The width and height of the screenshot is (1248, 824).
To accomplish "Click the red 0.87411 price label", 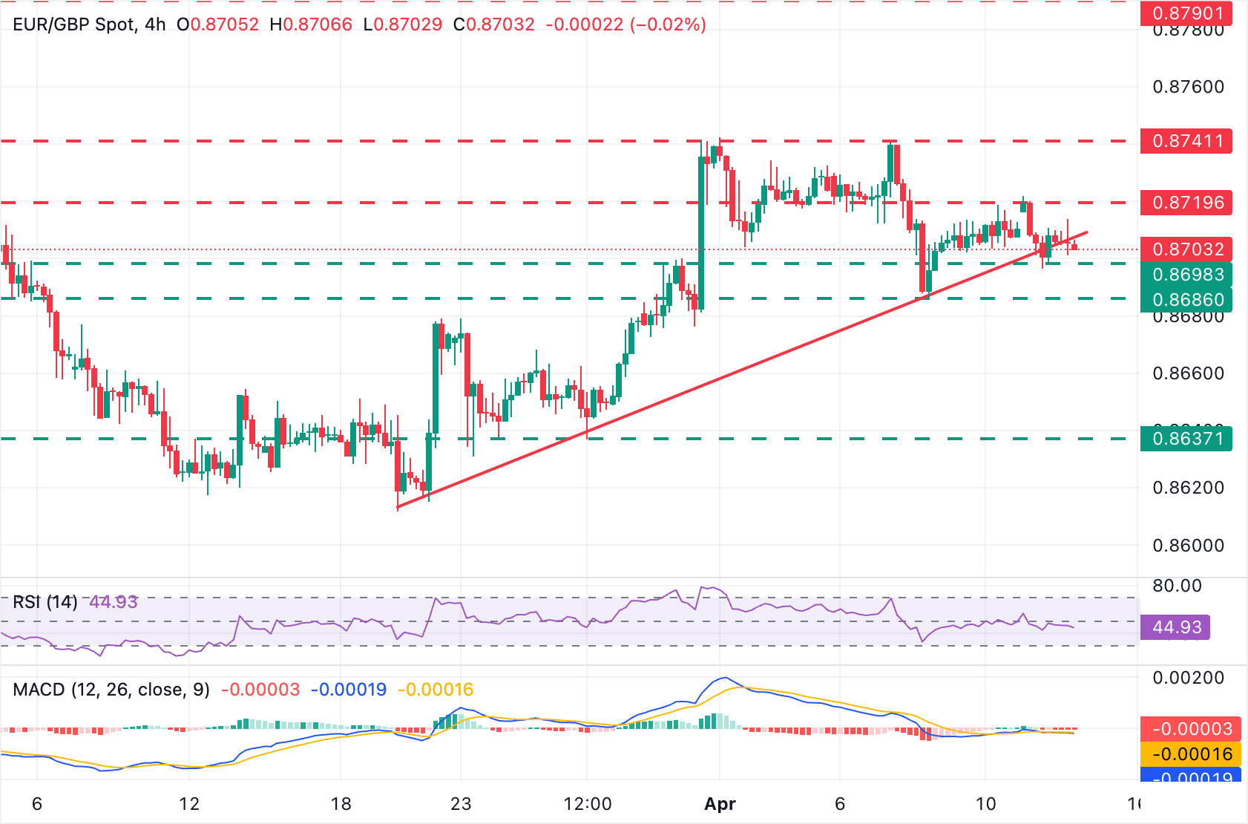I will point(1187,141).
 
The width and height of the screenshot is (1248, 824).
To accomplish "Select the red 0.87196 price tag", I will point(1187,203).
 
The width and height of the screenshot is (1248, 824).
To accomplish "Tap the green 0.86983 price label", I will point(1187,275).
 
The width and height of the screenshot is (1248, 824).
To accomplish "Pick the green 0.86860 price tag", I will point(1187,300).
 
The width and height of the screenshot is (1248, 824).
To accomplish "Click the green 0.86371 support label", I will point(1187,439).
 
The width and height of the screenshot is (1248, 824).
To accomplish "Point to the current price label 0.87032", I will point(1187,249).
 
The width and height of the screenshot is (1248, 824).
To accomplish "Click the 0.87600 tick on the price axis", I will point(1188,87).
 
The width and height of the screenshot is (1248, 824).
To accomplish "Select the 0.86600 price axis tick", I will point(1188,373).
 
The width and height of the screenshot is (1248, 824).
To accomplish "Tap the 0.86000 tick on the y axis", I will point(1188,546).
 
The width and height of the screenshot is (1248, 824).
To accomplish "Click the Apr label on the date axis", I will point(720,804).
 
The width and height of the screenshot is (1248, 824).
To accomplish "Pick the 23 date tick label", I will point(461,804).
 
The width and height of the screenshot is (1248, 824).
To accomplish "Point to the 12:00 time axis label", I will point(588,804).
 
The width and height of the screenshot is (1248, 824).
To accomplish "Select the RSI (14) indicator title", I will point(45,601).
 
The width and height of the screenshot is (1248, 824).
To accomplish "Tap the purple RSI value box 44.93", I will point(1176,627).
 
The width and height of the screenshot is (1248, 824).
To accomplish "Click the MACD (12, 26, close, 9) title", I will point(111,690).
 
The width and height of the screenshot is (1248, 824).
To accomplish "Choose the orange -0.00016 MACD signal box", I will point(1186,754).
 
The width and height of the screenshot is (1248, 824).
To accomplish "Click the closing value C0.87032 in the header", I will point(494,24).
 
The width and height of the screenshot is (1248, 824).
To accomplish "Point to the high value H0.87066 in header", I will point(311,24).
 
